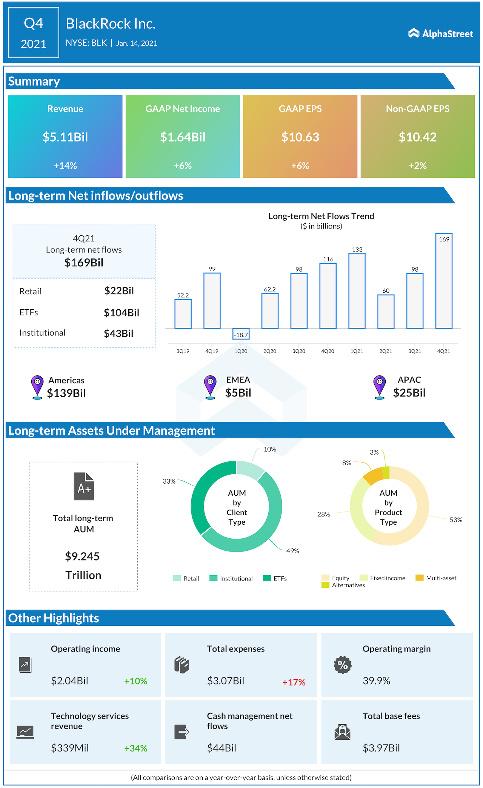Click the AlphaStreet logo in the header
440,34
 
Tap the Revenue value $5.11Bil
65,137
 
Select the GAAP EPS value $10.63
300,137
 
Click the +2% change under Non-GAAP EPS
417,166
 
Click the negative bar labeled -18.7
241,334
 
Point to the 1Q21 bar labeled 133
357,291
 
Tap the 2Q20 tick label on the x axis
270,351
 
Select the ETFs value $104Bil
122,313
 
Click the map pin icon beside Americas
37,387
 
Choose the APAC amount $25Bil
409,393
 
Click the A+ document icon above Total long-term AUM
84,486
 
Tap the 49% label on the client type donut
292,551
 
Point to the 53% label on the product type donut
455,520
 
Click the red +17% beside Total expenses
294,682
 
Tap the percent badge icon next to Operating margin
343,665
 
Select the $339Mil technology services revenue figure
70,748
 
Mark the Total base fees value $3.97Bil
381,748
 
